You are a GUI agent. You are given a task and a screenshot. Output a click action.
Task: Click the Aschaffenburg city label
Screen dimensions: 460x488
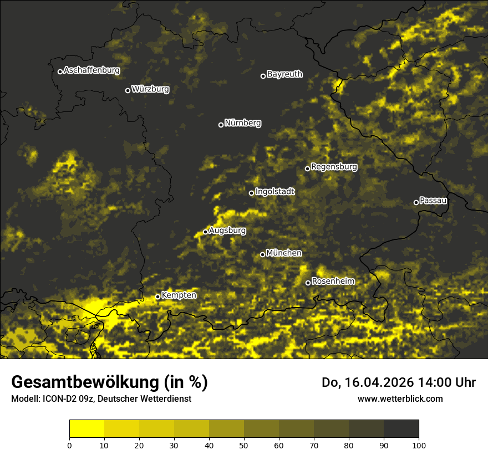tap(91, 70)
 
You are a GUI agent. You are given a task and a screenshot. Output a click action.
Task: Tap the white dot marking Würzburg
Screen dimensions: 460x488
tap(128, 90)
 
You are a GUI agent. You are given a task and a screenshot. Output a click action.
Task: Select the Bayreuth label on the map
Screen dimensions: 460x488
tap(284, 74)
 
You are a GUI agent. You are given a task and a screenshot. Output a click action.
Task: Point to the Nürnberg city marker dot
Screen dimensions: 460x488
tap(221, 125)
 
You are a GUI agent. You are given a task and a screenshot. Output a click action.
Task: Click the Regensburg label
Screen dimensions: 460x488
tap(334, 167)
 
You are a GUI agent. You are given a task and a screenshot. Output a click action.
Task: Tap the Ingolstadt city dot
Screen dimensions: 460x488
tap(251, 193)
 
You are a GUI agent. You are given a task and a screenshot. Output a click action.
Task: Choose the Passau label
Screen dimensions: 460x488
tap(433, 201)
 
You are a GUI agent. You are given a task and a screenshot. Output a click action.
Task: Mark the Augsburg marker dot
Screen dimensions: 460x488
tap(205, 232)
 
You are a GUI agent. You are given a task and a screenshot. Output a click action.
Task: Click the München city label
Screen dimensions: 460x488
tap(284, 253)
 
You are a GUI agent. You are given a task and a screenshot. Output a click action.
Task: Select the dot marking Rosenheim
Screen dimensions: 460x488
tap(308, 283)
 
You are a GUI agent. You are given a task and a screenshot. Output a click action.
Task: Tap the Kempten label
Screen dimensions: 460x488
tap(179, 295)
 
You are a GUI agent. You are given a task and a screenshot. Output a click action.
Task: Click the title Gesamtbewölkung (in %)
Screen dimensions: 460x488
tap(109, 382)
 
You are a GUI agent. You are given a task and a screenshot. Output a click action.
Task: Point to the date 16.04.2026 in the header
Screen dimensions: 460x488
tap(376, 382)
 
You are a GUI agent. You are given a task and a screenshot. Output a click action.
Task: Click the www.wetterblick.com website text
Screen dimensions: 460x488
tap(400, 398)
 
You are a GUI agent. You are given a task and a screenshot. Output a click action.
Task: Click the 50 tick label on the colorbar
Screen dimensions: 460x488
tap(244, 444)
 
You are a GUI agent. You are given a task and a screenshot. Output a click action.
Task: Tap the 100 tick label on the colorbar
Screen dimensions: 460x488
tap(419, 444)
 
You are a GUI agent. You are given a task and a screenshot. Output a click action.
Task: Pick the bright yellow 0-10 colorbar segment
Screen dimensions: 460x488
tap(87, 428)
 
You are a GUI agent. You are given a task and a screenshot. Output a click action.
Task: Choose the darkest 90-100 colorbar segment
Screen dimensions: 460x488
tap(401, 428)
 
